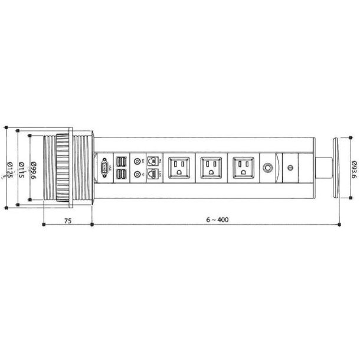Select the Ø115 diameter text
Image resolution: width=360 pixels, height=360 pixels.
(x=21, y=168)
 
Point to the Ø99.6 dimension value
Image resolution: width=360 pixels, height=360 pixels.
(x=34, y=168)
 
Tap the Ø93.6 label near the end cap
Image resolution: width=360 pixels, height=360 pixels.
(x=352, y=168)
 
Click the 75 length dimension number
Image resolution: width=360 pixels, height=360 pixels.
(x=68, y=220)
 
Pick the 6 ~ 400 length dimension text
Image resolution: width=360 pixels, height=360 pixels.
(x=218, y=220)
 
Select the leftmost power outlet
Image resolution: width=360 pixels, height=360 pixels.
(x=179, y=168)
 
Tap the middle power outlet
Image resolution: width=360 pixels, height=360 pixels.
(x=211, y=168)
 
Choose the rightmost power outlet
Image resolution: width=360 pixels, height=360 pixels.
(x=243, y=168)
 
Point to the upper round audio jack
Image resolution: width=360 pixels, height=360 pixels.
(x=138, y=161)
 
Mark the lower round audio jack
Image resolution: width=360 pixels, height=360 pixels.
(x=138, y=175)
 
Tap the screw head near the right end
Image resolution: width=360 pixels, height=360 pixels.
(x=290, y=168)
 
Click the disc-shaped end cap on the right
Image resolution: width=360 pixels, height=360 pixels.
(x=335, y=168)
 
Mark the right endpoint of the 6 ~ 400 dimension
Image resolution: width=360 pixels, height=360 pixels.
(x=342, y=224)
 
